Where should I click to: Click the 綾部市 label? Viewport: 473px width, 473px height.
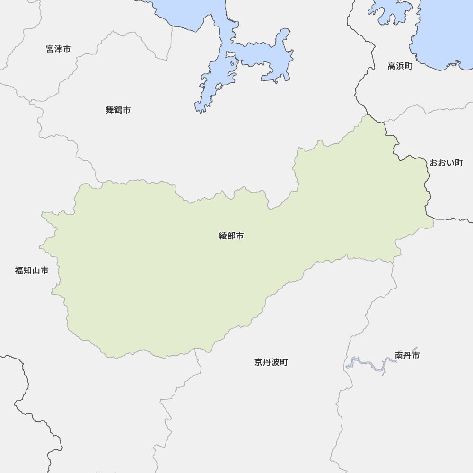coord(231,236)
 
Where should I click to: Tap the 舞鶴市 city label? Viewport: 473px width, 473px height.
coord(118,110)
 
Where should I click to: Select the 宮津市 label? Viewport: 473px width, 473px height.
coord(59,49)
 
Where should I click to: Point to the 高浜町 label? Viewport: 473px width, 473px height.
coord(400,66)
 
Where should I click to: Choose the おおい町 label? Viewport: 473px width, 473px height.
coord(446,163)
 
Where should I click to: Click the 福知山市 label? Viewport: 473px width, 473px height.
coord(32,271)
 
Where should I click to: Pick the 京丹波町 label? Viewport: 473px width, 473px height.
coord(271,362)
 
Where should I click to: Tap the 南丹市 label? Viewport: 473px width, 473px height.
coord(407,355)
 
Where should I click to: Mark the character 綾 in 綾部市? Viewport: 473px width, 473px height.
coord(223,236)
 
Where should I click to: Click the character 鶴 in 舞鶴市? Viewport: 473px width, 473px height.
coord(118,110)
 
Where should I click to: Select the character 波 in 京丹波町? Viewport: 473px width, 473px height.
coord(275,362)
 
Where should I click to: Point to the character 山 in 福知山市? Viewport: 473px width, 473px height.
coord(35,271)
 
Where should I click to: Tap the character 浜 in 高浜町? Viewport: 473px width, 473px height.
coord(400,66)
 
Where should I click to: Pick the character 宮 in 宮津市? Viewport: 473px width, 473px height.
coord(51,49)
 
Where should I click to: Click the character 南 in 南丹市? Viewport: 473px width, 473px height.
coord(399,355)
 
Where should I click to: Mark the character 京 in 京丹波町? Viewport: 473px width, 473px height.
coord(258,362)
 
